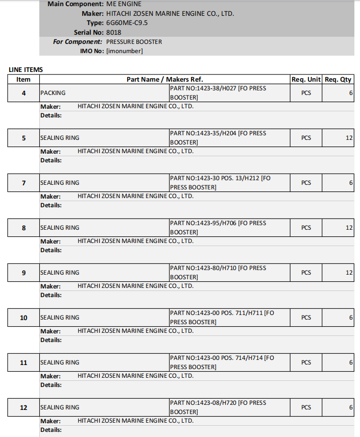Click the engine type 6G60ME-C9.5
pos(127,23)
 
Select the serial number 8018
pos(113,32)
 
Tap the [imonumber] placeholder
pos(124,51)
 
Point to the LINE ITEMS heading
pos(26,69)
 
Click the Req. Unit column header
pos(306,79)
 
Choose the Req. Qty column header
pos(338,79)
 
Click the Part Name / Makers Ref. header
pos(164,79)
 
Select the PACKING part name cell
pos(53,93)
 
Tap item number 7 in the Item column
pos(23,183)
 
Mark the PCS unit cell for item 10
pos(306,318)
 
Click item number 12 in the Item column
pos(23,407)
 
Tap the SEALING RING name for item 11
pos(60,362)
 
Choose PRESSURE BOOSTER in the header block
pos(134,42)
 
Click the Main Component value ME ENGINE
pos(124,4)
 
